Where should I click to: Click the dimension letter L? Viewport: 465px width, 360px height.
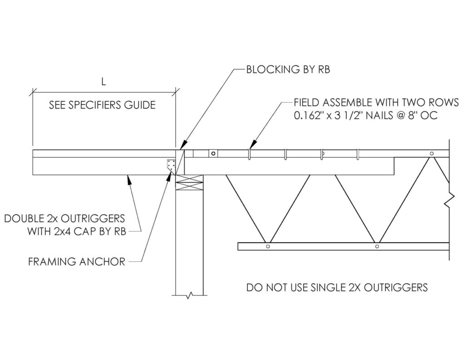104,82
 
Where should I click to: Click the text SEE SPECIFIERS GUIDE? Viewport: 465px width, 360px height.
102,105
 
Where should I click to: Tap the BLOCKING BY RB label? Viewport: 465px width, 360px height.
288,70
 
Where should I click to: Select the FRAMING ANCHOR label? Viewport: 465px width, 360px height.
77,262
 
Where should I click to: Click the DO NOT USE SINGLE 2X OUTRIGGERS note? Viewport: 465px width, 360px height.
337,287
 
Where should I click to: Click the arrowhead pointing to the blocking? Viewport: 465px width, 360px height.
183,145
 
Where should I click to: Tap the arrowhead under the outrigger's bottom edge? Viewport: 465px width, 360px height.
129,179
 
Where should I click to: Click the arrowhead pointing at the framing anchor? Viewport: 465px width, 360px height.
170,176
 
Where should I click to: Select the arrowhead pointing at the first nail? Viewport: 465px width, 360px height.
252,144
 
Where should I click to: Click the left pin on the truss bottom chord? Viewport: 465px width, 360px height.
268,246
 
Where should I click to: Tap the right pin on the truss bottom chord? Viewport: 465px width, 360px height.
377,246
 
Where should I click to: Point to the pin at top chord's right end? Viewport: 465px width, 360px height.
432,154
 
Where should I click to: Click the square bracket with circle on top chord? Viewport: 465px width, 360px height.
213,154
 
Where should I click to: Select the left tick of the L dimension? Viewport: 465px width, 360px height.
33,92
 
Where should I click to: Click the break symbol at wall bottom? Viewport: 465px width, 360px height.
189,295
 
